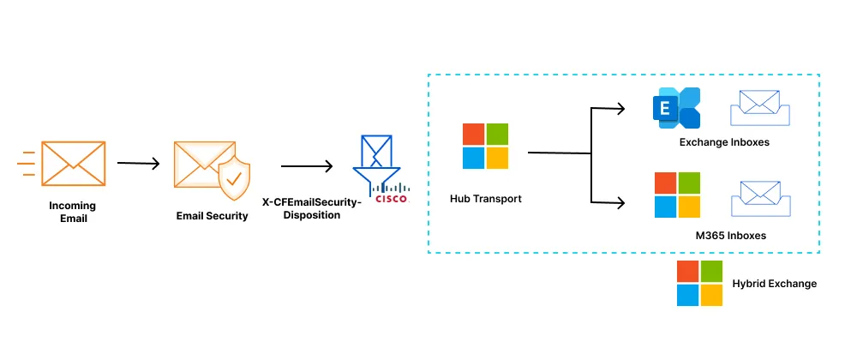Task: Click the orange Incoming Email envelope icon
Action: [x=73, y=165]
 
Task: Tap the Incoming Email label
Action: [x=73, y=212]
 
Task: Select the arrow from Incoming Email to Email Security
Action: [x=138, y=163]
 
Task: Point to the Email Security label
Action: [x=212, y=216]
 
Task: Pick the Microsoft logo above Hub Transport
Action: [x=485, y=146]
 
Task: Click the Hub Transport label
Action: [x=485, y=199]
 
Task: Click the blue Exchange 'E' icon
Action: [x=677, y=109]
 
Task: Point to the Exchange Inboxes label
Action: [x=724, y=142]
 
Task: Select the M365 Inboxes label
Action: [x=730, y=235]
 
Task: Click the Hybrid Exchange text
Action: [x=774, y=284]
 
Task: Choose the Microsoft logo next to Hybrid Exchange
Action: [x=699, y=284]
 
